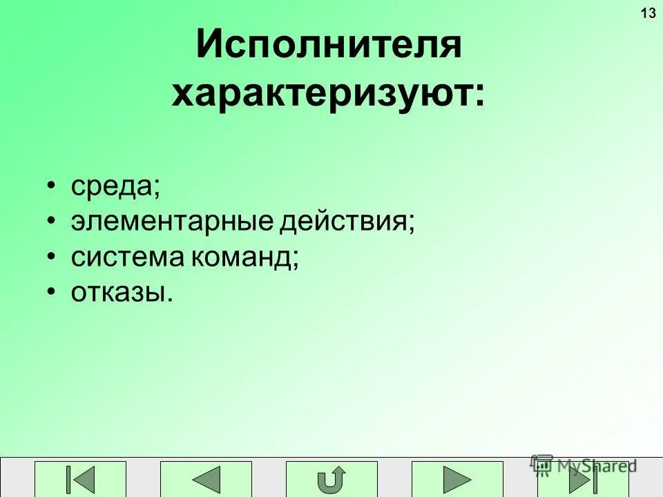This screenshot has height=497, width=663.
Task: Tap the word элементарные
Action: pos(173,222)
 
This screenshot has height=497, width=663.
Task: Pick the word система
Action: pos(127,258)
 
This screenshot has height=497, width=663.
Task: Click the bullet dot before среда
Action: pos(52,186)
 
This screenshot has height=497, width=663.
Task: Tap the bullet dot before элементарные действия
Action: pos(52,222)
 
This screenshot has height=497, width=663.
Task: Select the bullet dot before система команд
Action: pos(52,257)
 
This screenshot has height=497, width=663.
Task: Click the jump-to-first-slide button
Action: pos(81,478)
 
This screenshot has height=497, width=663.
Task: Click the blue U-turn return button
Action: pos(331,478)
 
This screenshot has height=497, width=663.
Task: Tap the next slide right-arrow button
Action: pos(457,478)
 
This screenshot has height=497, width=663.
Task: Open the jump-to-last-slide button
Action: pos(582,478)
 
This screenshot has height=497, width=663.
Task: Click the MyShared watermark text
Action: pos(597,466)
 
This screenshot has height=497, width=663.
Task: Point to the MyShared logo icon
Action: pos(542,464)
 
